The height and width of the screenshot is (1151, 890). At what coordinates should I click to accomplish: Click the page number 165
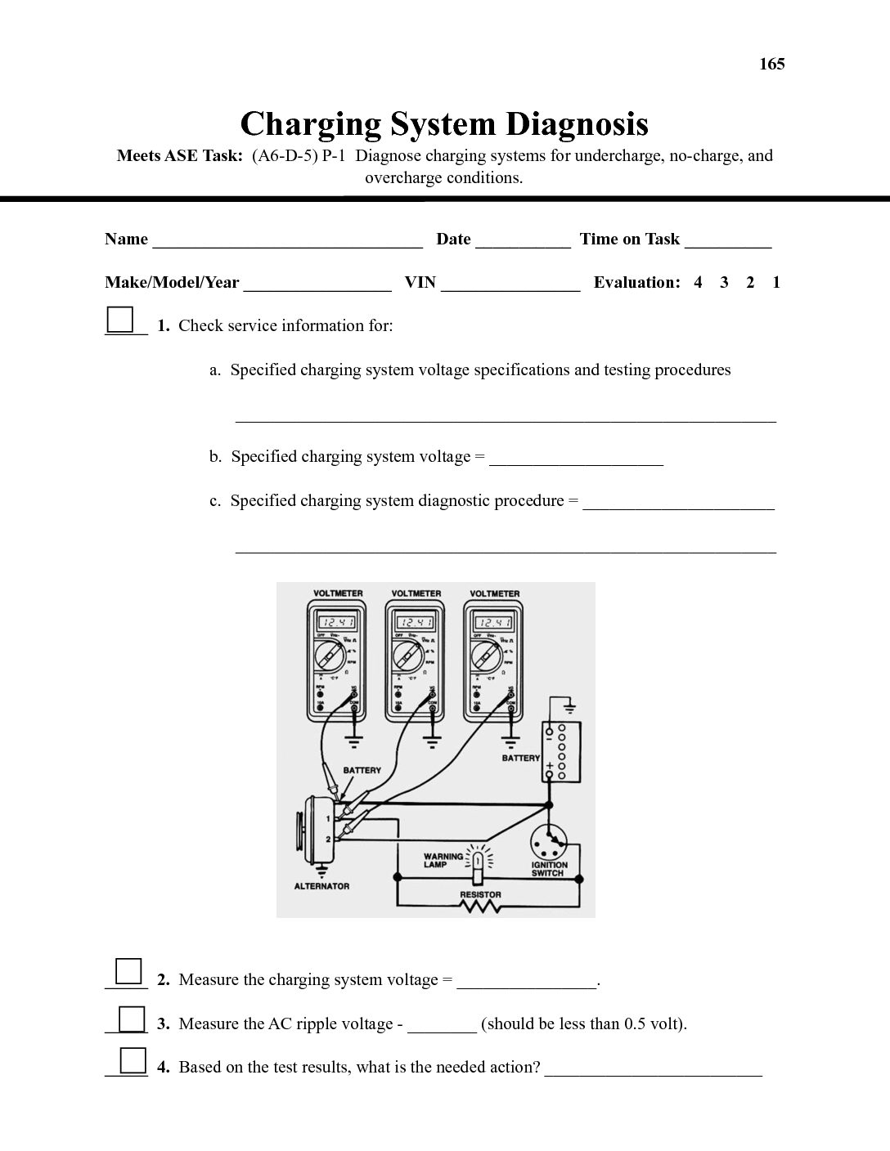pyautogui.click(x=771, y=64)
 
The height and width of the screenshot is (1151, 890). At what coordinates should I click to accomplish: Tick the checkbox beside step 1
pyautogui.click(x=120, y=319)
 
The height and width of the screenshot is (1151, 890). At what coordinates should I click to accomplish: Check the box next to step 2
pyautogui.click(x=128, y=971)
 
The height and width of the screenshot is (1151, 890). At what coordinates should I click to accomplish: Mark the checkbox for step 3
pyautogui.click(x=131, y=1019)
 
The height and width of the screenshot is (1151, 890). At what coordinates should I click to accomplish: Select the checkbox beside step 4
pyautogui.click(x=133, y=1060)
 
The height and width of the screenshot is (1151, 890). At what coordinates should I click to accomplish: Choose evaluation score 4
pyautogui.click(x=698, y=283)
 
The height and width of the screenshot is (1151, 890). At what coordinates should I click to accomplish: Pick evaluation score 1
pyautogui.click(x=776, y=283)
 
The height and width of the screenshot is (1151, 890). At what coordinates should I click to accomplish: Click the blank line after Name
pyautogui.click(x=287, y=240)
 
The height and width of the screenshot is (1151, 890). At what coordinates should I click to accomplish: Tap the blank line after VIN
pyautogui.click(x=510, y=284)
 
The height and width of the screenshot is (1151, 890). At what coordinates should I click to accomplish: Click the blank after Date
pyautogui.click(x=523, y=240)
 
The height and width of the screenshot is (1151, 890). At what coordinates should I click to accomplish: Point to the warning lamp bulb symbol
pyautogui.click(x=478, y=860)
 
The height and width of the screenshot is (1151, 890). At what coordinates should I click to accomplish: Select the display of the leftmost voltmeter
pyautogui.click(x=336, y=623)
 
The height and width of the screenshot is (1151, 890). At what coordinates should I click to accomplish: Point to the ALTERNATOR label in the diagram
pyautogui.click(x=321, y=886)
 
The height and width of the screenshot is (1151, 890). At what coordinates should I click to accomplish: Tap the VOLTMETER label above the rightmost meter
pyautogui.click(x=495, y=593)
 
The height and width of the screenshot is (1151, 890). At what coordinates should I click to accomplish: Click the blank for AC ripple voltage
pyautogui.click(x=442, y=1024)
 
